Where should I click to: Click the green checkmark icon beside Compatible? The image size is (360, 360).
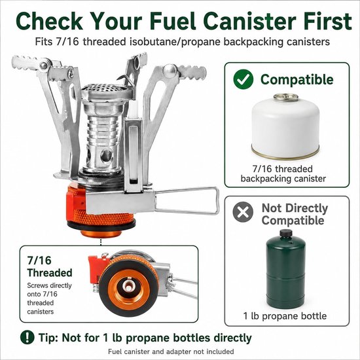pos(243,79)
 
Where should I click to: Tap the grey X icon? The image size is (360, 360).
pos(243,211)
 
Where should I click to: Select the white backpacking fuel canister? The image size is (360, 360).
pos(285,127)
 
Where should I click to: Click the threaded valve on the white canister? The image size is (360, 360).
pos(285,98)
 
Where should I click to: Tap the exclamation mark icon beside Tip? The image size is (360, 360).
pos(27,337)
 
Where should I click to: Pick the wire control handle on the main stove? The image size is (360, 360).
pos(187,200)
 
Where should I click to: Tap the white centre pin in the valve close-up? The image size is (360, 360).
pos(128,285)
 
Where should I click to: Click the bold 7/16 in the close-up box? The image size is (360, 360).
pos(39,261)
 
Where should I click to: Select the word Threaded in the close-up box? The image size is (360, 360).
pos(50,273)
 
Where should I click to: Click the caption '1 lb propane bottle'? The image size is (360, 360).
pos(285,316)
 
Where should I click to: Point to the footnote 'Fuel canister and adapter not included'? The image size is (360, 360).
pos(171,351)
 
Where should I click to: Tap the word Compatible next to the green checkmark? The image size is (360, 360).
pos(297,80)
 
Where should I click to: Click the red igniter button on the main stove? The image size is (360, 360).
pos(76,200)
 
